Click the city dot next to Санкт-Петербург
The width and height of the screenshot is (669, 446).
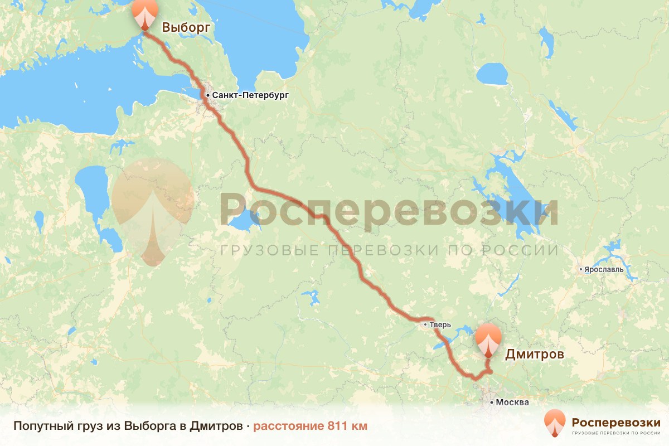tap(208, 96)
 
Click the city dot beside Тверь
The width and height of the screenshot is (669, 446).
tap(425, 324)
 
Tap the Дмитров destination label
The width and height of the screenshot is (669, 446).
tap(534, 354)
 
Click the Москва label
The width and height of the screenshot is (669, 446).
tap(512, 402)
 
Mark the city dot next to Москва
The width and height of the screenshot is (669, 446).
tap(492, 402)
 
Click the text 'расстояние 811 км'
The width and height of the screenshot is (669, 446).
tap(311, 426)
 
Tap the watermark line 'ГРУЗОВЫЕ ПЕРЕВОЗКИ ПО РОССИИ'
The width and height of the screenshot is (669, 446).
tap(389, 250)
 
